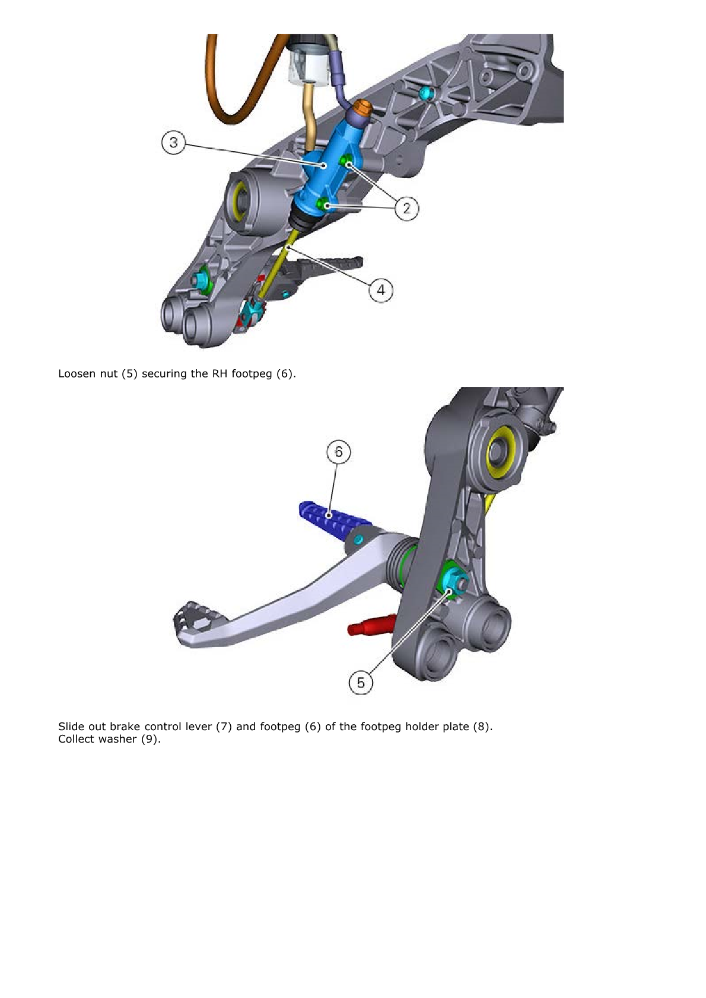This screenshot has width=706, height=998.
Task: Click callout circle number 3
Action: (173, 143)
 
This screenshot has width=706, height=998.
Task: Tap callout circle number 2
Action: (406, 208)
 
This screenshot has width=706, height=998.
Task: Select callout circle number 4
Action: (381, 290)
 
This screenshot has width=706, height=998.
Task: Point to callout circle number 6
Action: (338, 452)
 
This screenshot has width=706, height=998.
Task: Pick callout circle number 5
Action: (361, 683)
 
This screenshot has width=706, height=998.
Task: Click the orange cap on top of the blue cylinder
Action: (361, 109)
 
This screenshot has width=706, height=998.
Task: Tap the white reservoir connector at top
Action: (308, 66)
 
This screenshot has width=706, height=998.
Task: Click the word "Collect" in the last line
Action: (76, 739)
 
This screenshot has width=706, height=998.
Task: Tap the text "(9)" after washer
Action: (151, 739)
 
